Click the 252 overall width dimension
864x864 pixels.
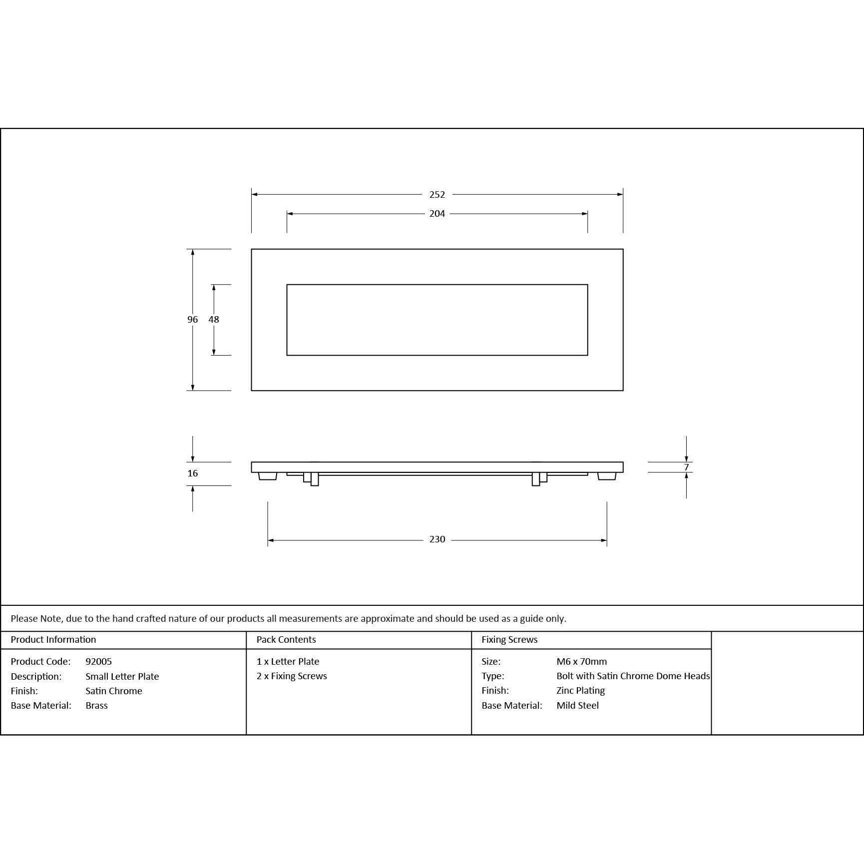(x=437, y=194)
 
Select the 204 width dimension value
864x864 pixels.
(x=437, y=214)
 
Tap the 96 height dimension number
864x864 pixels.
(x=193, y=320)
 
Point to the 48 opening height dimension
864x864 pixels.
(x=214, y=320)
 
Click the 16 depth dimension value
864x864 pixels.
(x=193, y=473)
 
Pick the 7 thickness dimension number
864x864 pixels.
(x=686, y=467)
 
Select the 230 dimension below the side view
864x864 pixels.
(x=437, y=539)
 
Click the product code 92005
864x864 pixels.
(x=99, y=662)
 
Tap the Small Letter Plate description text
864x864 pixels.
(x=122, y=677)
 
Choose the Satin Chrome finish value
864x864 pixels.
(x=114, y=691)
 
